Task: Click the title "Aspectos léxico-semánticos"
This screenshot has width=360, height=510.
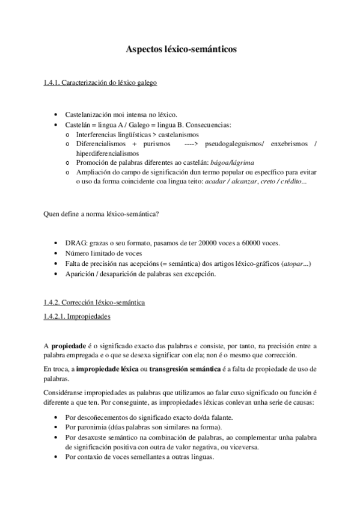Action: click(x=181, y=53)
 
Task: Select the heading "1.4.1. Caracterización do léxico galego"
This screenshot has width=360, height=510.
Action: click(x=101, y=84)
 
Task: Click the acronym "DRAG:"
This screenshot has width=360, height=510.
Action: click(x=75, y=244)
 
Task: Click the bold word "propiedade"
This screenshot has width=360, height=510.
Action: click(x=72, y=346)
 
